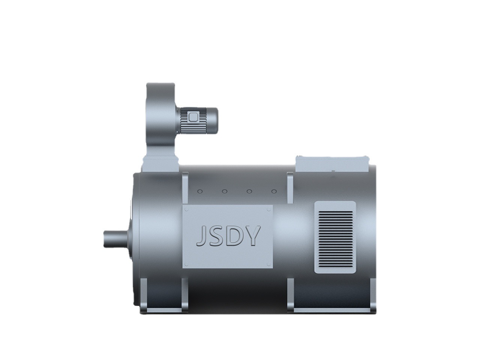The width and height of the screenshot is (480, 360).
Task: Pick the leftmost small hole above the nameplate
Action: tap(199, 192)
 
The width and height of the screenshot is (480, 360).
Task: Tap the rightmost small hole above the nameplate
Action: tap(274, 192)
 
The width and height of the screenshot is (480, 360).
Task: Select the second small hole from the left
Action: tap(224, 192)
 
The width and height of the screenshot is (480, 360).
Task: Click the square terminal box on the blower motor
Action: tap(193, 117)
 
